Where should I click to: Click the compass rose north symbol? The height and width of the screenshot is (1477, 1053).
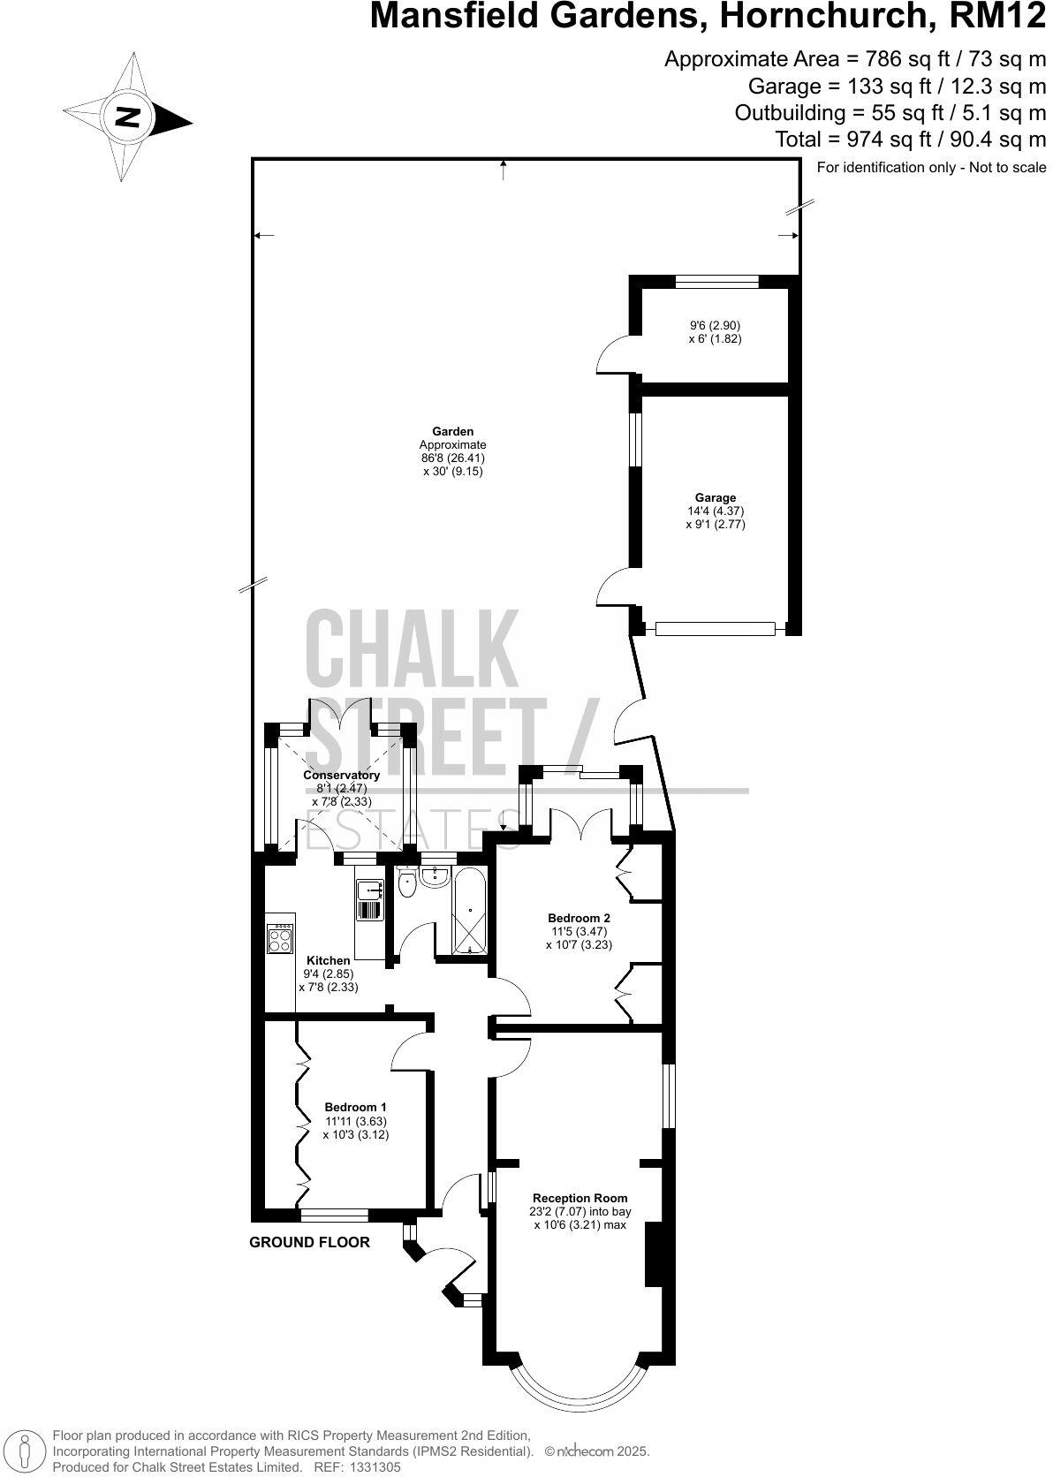coord(129,117)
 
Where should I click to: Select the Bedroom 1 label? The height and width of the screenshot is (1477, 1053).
coord(355,1107)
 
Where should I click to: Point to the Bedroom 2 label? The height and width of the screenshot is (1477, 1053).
coord(579,918)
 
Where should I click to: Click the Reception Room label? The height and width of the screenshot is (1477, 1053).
coord(580,1199)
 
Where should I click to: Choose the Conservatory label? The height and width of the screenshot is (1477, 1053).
coord(341,775)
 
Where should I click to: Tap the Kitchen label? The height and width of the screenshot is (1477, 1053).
coord(328,960)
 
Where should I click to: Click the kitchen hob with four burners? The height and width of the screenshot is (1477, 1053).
coord(280,938)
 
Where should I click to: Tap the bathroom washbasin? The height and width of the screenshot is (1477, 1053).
coord(436,876)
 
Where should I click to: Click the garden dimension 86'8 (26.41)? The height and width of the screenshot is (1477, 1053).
coord(452,458)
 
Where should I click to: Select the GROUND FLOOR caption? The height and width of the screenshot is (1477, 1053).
coord(309,1242)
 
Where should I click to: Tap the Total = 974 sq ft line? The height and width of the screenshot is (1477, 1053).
coord(910,139)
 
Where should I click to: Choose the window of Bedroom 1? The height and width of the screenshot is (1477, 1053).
coord(334,1215)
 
